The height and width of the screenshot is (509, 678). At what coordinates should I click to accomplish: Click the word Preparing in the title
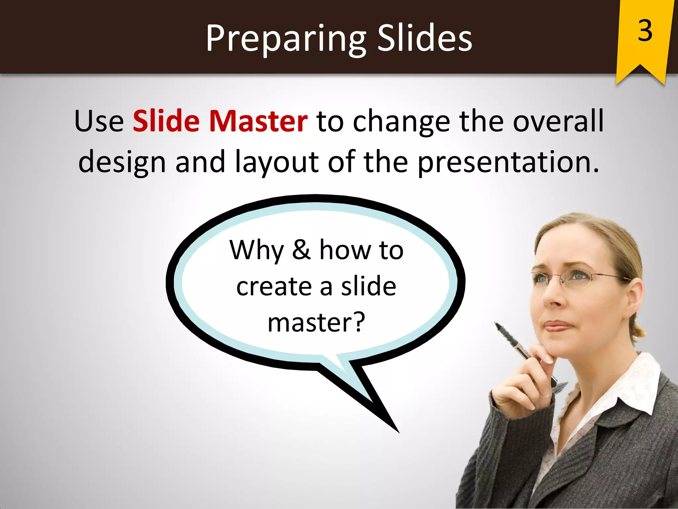click(285, 39)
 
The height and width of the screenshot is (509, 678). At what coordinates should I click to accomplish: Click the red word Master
click(258, 121)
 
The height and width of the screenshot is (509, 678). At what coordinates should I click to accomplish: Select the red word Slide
click(166, 121)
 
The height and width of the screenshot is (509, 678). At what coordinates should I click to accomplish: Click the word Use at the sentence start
click(99, 121)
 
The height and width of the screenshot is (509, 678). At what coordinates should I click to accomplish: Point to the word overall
click(558, 121)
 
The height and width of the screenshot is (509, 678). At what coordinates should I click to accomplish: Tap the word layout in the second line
click(277, 162)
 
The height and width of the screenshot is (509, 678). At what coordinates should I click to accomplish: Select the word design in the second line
click(122, 162)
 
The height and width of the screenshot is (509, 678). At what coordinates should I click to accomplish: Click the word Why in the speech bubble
click(257, 250)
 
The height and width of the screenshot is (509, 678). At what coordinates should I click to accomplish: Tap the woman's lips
click(557, 326)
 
